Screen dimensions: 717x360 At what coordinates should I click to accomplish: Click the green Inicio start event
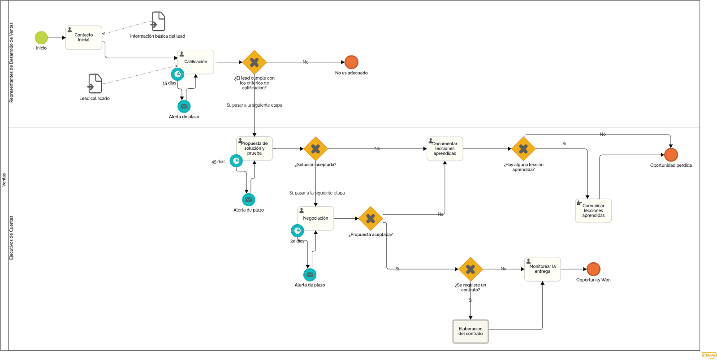click(x=41, y=38)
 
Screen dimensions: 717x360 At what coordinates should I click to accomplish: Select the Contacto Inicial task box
click(x=83, y=38)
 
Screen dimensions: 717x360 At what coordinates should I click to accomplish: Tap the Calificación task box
click(x=195, y=62)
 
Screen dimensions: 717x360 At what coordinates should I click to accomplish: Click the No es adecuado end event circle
click(x=351, y=62)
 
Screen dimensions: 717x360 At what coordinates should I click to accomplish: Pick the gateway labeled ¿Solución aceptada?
click(x=315, y=148)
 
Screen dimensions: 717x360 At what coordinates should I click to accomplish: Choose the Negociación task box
click(x=315, y=218)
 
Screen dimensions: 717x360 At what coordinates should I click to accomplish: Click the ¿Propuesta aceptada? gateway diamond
click(x=371, y=218)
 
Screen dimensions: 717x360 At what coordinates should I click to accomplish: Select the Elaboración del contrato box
click(x=470, y=331)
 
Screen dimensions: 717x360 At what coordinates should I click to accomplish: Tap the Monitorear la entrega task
click(x=542, y=269)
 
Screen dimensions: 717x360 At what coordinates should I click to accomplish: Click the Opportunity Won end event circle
click(x=593, y=269)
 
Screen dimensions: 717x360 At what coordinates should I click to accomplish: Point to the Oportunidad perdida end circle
click(x=670, y=155)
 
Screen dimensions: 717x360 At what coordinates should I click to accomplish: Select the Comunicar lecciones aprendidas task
click(x=593, y=211)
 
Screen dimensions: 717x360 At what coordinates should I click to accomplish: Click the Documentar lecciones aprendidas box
click(x=445, y=148)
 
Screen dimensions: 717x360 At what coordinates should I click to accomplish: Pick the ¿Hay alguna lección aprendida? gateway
click(x=523, y=148)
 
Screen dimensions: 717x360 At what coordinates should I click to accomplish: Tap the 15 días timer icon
click(x=177, y=74)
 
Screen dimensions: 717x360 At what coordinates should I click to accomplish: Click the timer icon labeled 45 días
click(x=236, y=161)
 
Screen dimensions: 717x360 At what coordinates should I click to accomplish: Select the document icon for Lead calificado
click(x=95, y=83)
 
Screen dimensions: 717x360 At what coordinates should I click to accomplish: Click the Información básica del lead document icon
click(x=158, y=21)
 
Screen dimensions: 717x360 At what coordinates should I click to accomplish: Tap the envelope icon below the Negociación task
click(x=310, y=274)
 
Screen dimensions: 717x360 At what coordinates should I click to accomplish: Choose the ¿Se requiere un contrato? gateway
click(x=470, y=269)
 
